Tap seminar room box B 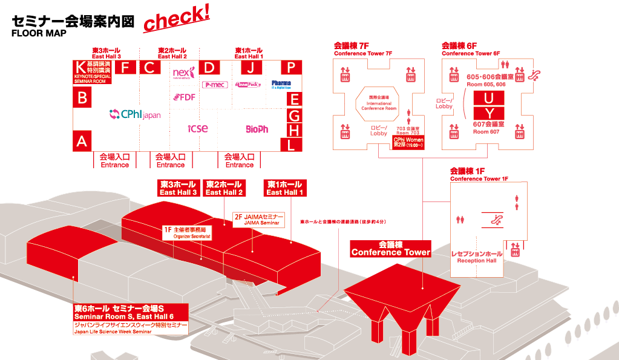coord(82,97)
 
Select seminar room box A coord(82,141)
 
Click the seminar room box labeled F coord(125,67)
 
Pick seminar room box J coord(251,67)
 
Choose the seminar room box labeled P coord(291,67)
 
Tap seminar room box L coord(292,144)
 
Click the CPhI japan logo coord(135,114)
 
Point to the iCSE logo coord(197,128)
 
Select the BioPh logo coord(257,129)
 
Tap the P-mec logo coord(214,85)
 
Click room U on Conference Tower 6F coord(493,98)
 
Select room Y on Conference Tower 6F coord(493,113)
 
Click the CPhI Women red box coord(408,143)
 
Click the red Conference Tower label coord(391,249)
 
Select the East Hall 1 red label coord(284,188)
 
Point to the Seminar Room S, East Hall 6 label coord(130,312)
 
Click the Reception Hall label coord(477,257)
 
